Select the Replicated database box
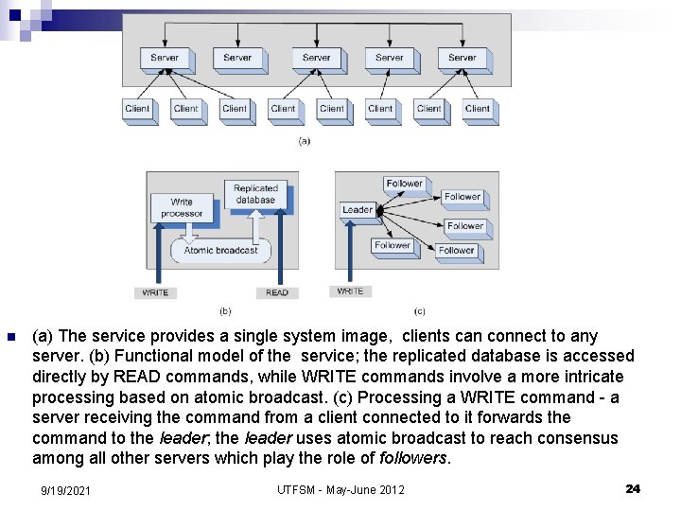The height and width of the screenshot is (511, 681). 255,194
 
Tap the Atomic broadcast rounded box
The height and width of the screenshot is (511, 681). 220,251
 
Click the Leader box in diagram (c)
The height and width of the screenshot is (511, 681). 358,209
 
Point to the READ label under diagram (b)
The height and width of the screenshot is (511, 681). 277,292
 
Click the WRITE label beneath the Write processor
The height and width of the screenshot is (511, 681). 155,292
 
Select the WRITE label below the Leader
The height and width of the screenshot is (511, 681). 350,291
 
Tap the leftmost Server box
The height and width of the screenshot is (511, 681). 165,58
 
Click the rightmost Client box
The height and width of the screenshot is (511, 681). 478,109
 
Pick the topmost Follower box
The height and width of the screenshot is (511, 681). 404,184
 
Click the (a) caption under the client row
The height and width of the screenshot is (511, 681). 304,141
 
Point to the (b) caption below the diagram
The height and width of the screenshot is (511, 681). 225,310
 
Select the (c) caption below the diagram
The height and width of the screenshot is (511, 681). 419,310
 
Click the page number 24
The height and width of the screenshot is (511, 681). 633,488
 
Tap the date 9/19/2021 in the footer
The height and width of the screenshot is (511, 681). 65,489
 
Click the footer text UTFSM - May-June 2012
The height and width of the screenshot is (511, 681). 340,489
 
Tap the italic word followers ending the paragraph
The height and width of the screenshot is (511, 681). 413,458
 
